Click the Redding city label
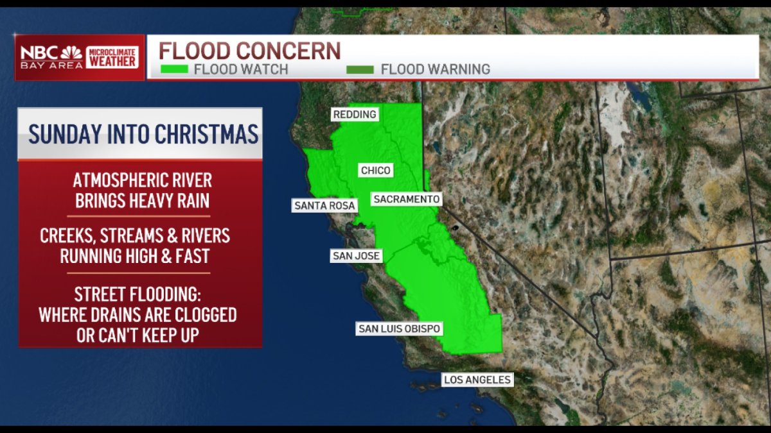pyautogui.click(x=354, y=115)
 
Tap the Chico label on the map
pyautogui.click(x=376, y=171)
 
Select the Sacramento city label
pyautogui.click(x=407, y=200)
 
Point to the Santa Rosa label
pyautogui.click(x=324, y=206)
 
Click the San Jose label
pyautogui.click(x=356, y=256)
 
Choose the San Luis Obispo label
pyautogui.click(x=399, y=329)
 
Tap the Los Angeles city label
pyautogui.click(x=477, y=380)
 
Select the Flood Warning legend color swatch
pyautogui.click(x=360, y=69)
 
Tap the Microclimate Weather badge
pyautogui.click(x=112, y=57)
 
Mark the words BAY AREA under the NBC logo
pyautogui.click(x=52, y=65)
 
